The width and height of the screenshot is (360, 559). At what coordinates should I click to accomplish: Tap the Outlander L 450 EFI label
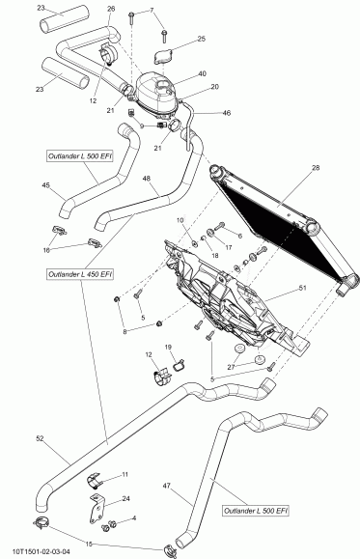tap(80, 274)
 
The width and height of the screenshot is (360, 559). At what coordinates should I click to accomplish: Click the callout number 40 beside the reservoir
tap(202, 74)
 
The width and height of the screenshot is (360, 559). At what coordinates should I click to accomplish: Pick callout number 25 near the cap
tap(201, 40)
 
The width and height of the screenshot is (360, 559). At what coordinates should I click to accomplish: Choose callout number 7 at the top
tap(152, 9)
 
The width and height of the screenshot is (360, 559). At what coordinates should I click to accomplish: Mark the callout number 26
tap(110, 9)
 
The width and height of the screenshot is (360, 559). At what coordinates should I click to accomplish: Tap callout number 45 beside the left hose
tap(45, 185)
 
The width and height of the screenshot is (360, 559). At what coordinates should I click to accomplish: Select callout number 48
tap(147, 179)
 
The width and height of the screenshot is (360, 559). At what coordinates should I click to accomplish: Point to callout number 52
tap(40, 439)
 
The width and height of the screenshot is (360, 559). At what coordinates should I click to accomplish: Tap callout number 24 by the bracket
tap(126, 499)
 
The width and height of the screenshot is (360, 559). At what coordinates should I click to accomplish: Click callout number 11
tap(125, 474)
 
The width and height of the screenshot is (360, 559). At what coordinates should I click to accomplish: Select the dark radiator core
tap(280, 223)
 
